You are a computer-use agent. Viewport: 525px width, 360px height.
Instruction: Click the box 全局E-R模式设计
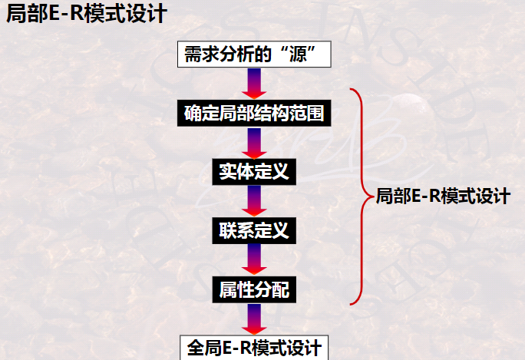pos(254,347)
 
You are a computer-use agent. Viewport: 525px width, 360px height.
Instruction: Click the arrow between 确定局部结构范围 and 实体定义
pos(254,143)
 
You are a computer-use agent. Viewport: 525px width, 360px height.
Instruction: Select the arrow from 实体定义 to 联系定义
pos(254,200)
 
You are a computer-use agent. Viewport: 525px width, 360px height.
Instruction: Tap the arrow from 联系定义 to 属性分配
pos(254,259)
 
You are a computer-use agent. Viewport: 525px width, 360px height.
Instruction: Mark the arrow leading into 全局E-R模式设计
pos(254,318)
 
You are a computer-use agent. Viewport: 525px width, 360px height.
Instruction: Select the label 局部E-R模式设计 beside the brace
pos(443,196)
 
